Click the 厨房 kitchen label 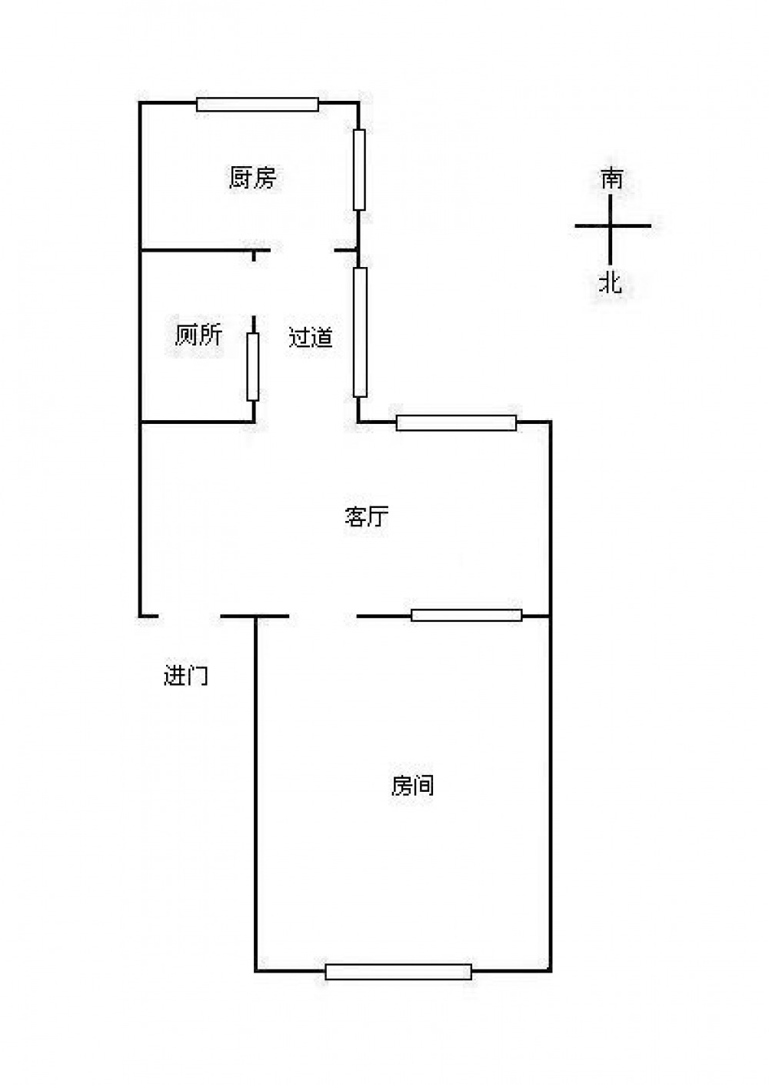252,178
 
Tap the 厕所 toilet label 198,335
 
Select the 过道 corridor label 311,337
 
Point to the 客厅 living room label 366,516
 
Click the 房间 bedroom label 413,786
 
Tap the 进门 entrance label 186,676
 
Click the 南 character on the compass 612,179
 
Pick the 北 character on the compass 611,282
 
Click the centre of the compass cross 612,226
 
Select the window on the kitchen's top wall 257,105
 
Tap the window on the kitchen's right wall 359,169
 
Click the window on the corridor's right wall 360,332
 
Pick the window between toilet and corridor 253,366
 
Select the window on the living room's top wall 456,422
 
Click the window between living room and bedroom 466,615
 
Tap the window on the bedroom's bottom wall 398,971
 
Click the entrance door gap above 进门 190,616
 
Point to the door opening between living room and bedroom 323,616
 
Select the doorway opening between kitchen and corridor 301,250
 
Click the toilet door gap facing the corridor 254,289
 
